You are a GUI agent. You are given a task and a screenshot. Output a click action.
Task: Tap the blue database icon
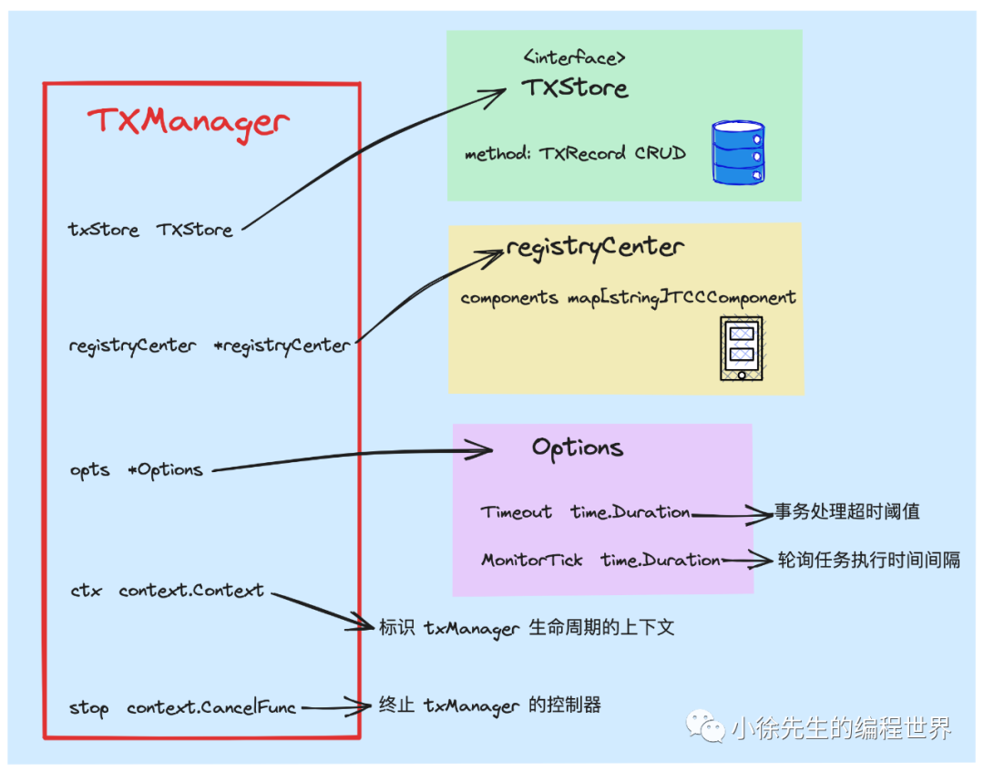coord(738,153)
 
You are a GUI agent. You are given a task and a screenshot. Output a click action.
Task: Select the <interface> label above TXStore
coord(574,58)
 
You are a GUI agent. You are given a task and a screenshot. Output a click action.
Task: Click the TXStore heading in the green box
coord(575,88)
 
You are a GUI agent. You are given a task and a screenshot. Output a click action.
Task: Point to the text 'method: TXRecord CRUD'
coord(574,153)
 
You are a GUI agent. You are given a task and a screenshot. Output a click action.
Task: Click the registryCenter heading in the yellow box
coord(595,247)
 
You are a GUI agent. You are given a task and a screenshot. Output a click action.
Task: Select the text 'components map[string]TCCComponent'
coord(628,298)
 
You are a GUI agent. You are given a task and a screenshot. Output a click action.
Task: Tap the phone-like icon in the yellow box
coord(741,347)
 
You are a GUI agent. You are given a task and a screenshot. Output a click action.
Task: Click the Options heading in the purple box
coord(578,448)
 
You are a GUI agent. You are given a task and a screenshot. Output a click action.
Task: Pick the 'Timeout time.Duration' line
coord(585,512)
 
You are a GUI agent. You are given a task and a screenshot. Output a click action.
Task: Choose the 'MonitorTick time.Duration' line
coord(600,561)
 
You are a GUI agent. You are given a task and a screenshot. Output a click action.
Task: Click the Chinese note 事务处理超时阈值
coord(846,511)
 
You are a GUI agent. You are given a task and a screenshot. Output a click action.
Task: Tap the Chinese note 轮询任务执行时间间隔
coord(867,560)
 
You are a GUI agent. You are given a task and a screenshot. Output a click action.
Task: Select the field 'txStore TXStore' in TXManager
coord(150,230)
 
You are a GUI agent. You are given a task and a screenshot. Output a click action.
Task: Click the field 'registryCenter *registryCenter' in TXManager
coord(209,346)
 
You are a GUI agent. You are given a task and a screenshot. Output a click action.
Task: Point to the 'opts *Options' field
coord(136,470)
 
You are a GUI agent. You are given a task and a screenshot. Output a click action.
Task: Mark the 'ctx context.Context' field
coord(167,591)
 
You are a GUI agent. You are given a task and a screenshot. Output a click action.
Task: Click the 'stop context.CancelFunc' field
coord(182,707)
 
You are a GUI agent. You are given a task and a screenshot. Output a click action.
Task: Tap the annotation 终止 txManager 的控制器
coord(489,705)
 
